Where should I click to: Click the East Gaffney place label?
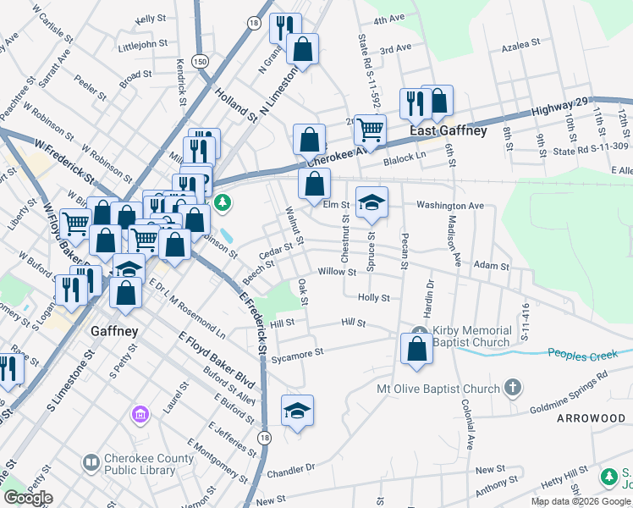448,131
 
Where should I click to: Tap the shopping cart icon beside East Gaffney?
370,130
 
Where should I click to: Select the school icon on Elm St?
372,202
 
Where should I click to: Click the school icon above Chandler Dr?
297,410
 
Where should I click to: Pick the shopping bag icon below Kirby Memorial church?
416,348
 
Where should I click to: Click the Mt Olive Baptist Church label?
438,389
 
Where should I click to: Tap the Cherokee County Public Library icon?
91,463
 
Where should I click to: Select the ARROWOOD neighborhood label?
590,418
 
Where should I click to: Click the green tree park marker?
223,202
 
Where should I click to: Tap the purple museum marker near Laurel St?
140,415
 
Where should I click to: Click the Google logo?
28,498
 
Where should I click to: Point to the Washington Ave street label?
449,205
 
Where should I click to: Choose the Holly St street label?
373,298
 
